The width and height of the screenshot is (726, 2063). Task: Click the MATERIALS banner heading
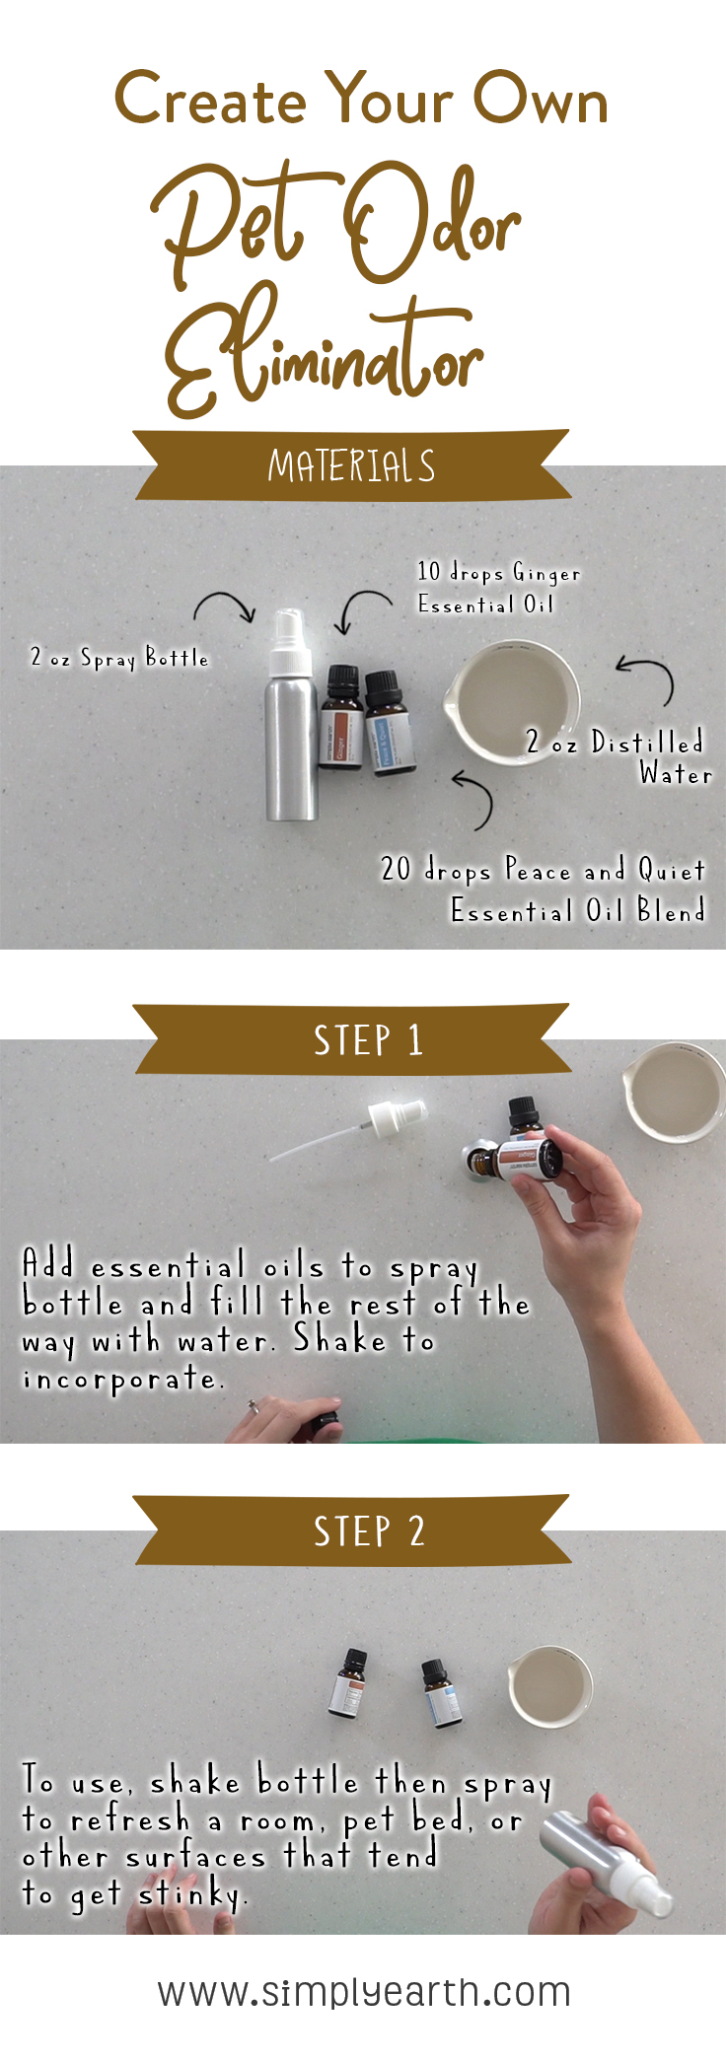[351, 465]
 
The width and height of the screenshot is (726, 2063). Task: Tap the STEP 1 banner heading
[367, 1040]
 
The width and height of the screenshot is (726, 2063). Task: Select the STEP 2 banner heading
[368, 1530]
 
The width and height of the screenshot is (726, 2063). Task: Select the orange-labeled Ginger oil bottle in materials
[341, 720]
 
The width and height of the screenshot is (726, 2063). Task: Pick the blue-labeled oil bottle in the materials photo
[390, 725]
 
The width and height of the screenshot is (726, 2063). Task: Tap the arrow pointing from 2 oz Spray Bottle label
[226, 605]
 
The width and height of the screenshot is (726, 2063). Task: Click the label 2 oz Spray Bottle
[119, 658]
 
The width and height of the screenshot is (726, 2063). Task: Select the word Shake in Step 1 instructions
[339, 1340]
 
